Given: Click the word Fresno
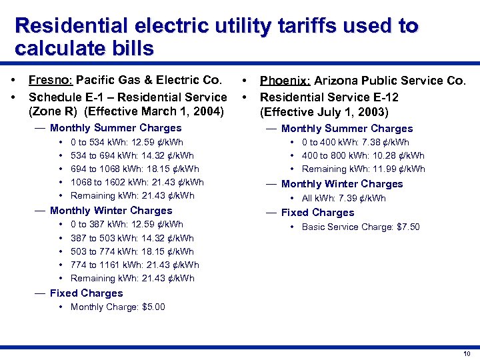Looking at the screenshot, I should tap(48, 81).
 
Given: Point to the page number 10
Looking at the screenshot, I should tap(467, 353).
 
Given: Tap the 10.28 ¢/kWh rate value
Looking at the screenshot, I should tap(394, 155).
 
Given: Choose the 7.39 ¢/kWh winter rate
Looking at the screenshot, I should tap(372, 198).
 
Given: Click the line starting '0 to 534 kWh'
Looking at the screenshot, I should tap(127, 142).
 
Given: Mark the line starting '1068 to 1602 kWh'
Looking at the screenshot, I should tap(137, 182).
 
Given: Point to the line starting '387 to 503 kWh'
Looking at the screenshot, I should tap(132, 238).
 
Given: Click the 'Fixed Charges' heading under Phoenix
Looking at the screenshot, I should tap(317, 213).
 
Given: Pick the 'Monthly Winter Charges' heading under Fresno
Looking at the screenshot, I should tap(111, 211).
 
